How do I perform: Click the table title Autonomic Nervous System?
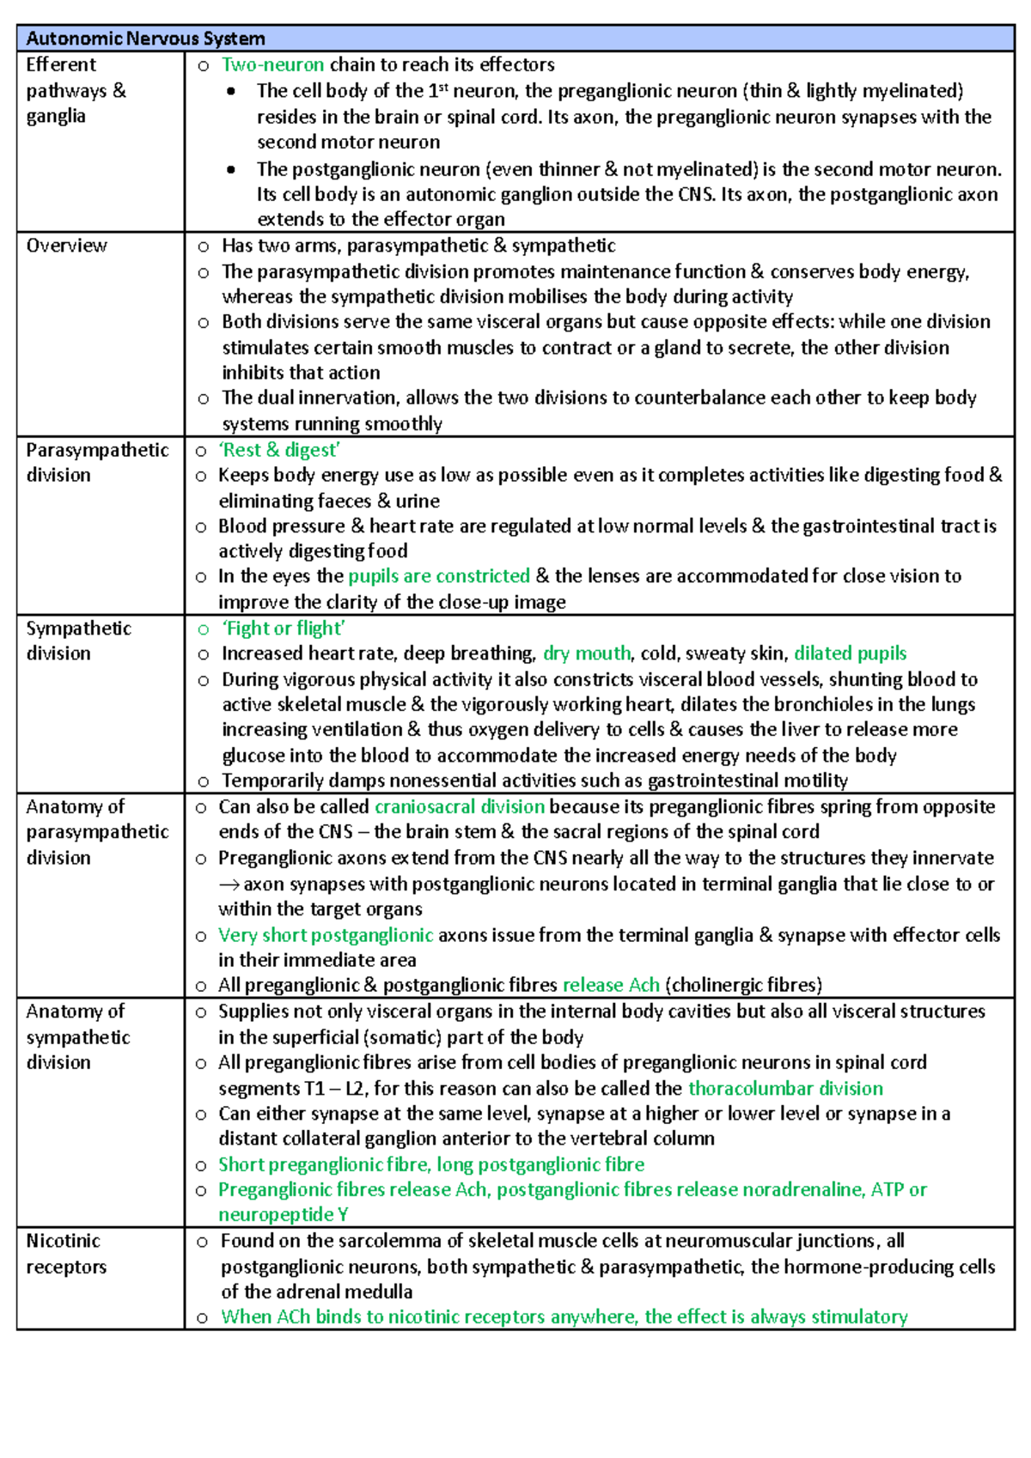[x=145, y=39]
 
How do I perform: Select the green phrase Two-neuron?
[x=272, y=64]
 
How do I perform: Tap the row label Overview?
[x=66, y=246]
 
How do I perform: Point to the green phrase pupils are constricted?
[x=439, y=576]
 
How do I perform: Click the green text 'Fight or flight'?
[x=284, y=629]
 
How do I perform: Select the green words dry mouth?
[x=587, y=653]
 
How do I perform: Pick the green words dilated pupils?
[x=850, y=653]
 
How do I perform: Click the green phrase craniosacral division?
[x=460, y=807]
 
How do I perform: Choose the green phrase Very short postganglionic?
[x=326, y=935]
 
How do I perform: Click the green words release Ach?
[x=611, y=985]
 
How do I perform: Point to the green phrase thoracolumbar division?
[x=785, y=1089]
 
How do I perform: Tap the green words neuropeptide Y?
[x=283, y=1215]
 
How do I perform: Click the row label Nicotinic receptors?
[x=65, y=1254]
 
